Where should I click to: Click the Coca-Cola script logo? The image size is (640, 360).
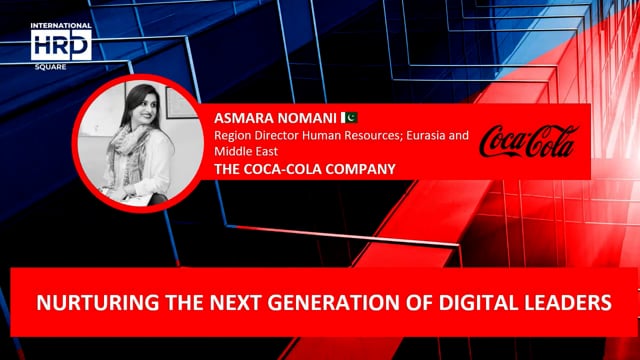click(x=527, y=142)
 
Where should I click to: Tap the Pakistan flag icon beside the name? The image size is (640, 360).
click(x=350, y=118)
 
